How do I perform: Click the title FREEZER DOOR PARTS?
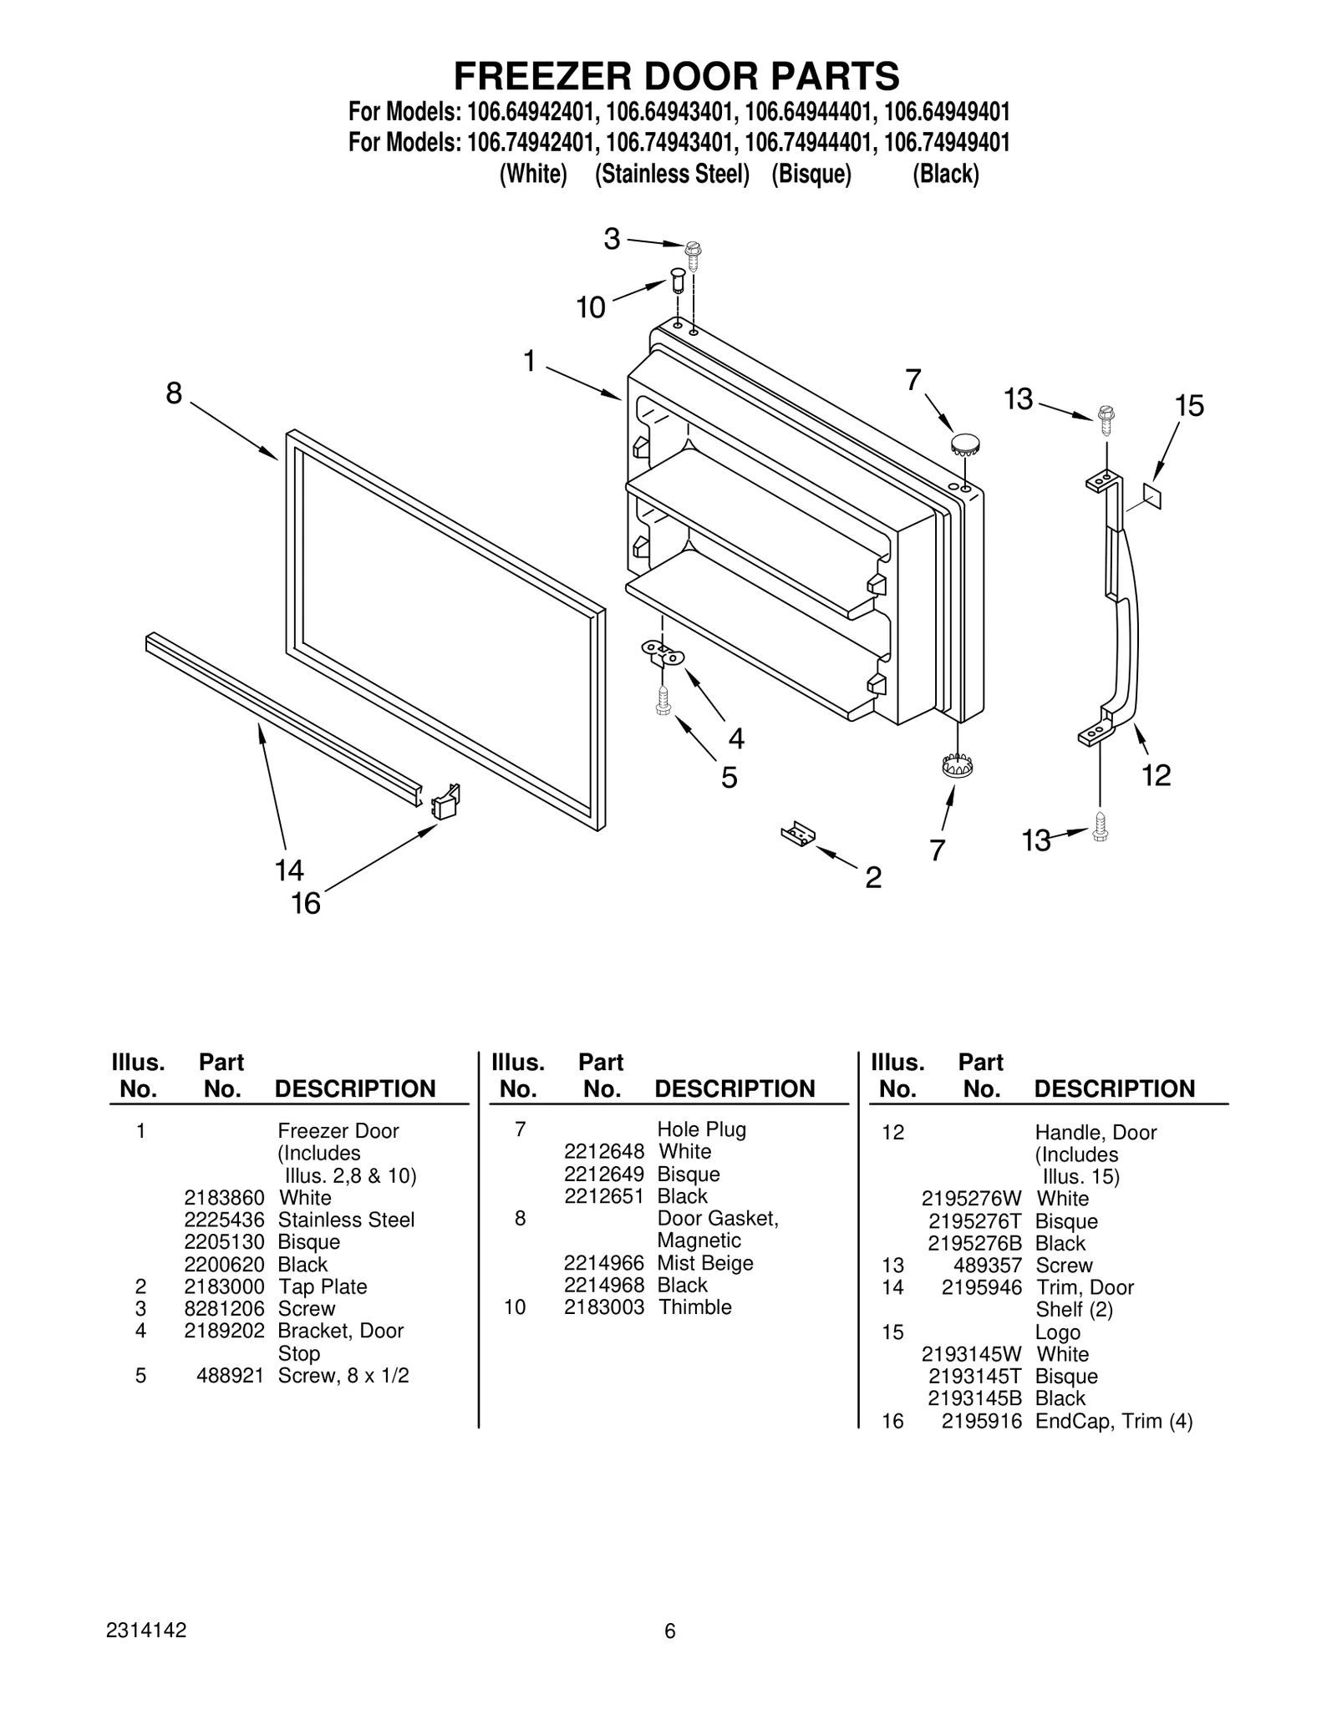pyautogui.click(x=676, y=76)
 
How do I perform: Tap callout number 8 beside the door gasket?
pyautogui.click(x=174, y=393)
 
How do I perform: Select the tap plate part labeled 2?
pyautogui.click(x=798, y=834)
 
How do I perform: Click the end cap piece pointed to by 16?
pyautogui.click(x=445, y=801)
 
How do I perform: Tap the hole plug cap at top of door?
pyautogui.click(x=965, y=443)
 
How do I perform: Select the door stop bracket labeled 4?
pyautogui.click(x=663, y=652)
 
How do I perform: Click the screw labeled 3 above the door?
pyautogui.click(x=693, y=251)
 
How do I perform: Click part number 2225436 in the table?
pyautogui.click(x=224, y=1220)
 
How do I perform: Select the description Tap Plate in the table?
pyautogui.click(x=323, y=1286)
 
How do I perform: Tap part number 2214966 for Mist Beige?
pyautogui.click(x=604, y=1263)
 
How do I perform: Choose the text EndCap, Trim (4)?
pyautogui.click(x=1114, y=1421)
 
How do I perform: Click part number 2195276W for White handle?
pyautogui.click(x=971, y=1199)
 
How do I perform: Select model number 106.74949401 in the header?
pyautogui.click(x=946, y=143)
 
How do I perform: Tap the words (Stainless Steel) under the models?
pyautogui.click(x=672, y=175)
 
